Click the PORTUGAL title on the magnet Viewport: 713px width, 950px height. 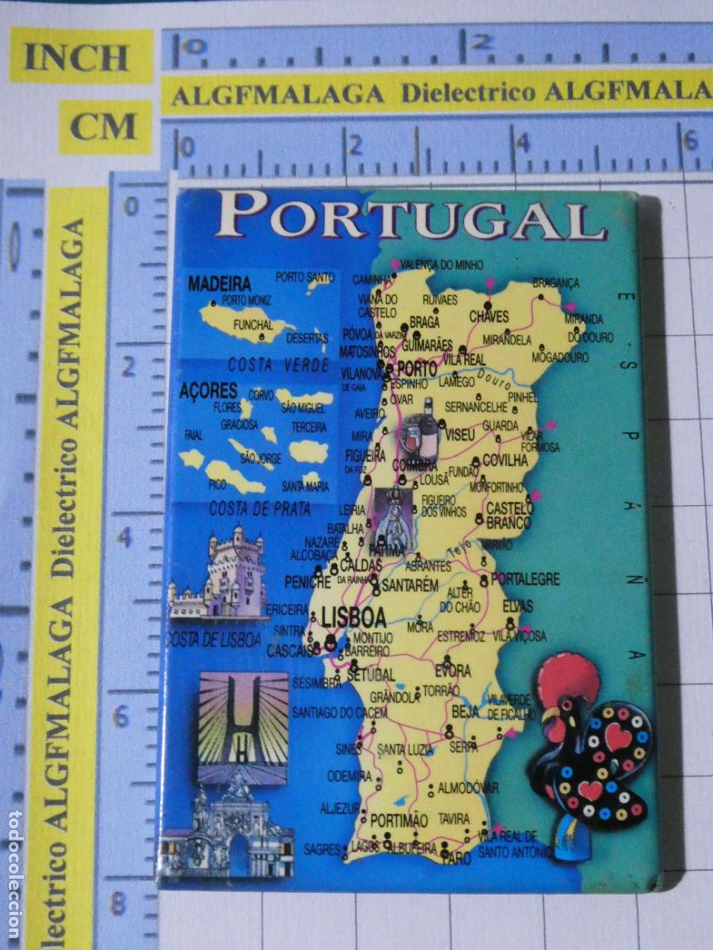[412, 216]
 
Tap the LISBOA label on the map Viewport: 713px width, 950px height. [354, 617]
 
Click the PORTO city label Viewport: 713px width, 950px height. [417, 369]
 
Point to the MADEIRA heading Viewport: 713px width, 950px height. [220, 283]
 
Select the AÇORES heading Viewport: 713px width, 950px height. [208, 390]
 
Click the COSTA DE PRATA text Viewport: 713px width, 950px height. [260, 510]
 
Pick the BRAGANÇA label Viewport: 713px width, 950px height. [555, 283]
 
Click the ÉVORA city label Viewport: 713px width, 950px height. [452, 671]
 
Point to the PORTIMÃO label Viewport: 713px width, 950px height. [398, 819]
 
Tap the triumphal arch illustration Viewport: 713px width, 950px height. [232, 827]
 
